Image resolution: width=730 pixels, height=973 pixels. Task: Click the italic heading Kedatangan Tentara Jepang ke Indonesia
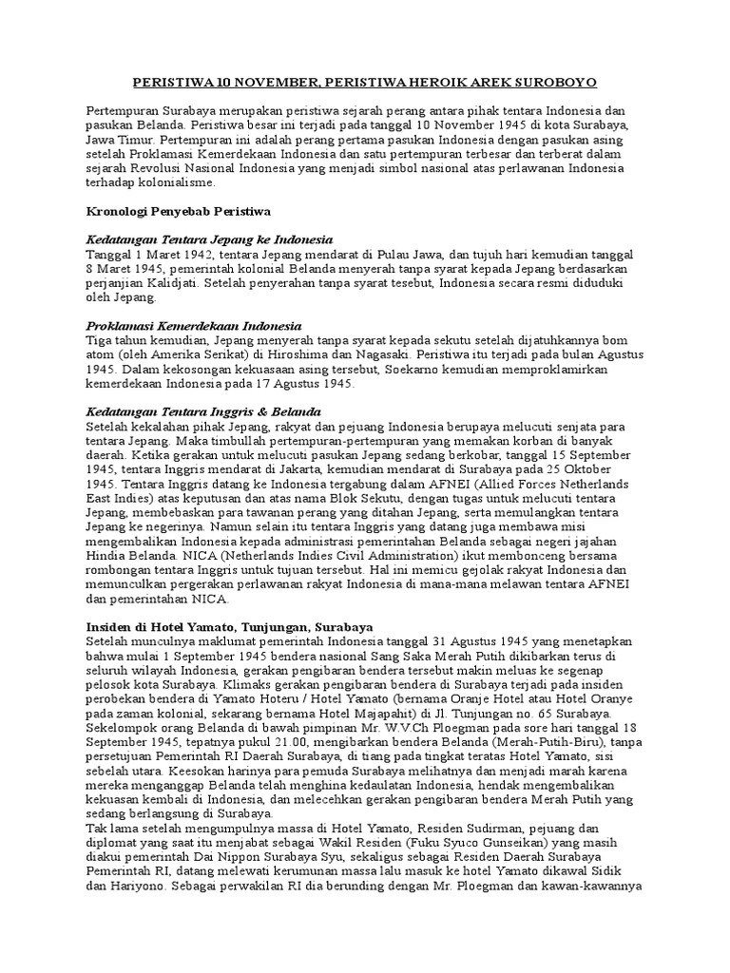(209, 239)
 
